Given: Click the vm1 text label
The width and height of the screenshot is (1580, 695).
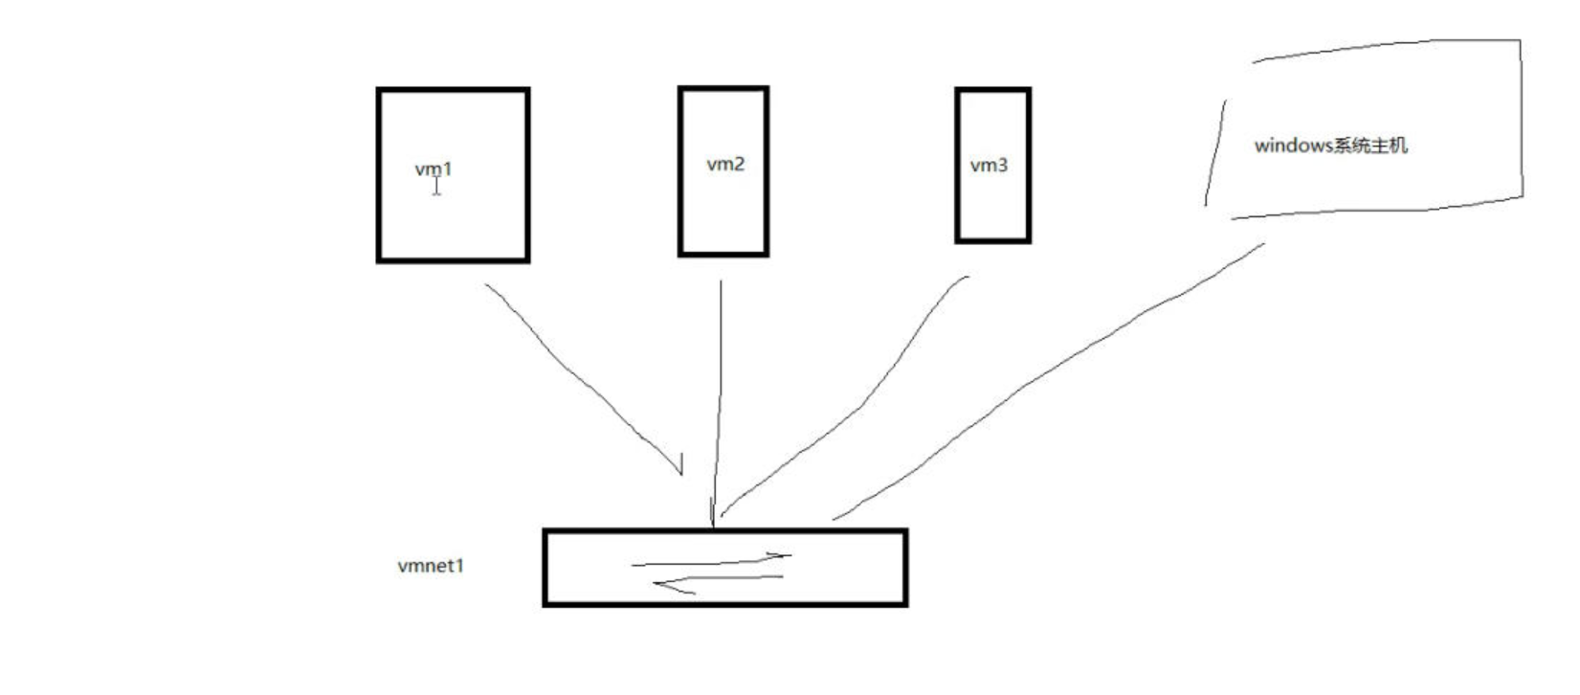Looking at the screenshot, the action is (x=434, y=168).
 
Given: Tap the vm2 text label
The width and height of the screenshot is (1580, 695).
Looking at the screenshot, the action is (x=724, y=164).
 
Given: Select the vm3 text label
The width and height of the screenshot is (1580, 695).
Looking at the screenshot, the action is (x=989, y=165).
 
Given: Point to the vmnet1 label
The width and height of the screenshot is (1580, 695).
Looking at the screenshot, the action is (x=431, y=566).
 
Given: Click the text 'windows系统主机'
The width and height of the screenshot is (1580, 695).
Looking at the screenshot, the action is (x=1330, y=146).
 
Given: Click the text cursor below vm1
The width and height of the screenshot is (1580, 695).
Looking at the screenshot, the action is (x=436, y=187).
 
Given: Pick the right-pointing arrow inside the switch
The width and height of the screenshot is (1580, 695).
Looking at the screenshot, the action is (x=713, y=561).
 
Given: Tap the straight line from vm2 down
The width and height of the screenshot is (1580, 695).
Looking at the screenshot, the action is (x=719, y=402).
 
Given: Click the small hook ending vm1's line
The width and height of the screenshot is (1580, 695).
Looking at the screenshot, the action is (x=680, y=464).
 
